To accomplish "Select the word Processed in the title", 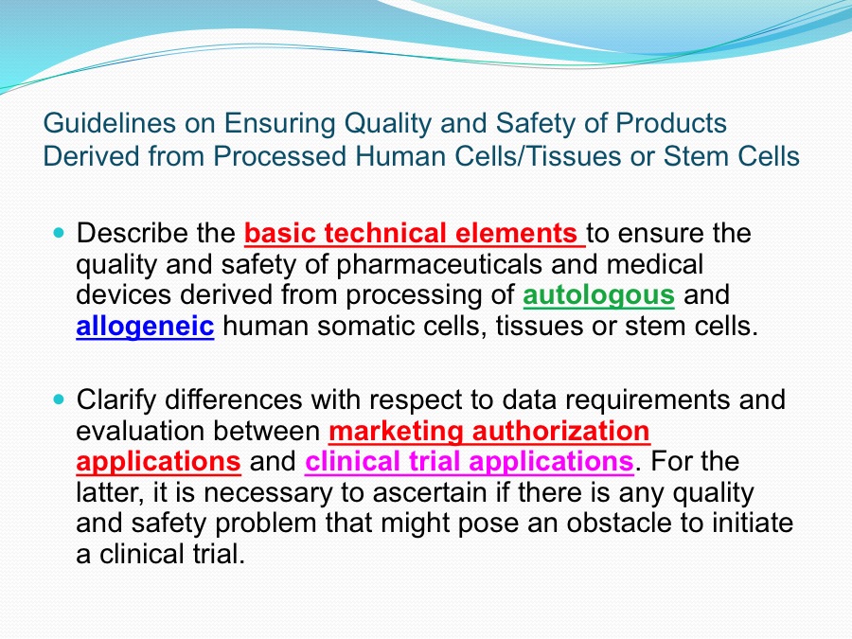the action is pyautogui.click(x=280, y=156).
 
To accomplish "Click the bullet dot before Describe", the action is pyautogui.click(x=60, y=233).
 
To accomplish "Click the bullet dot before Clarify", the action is pyautogui.click(x=60, y=399).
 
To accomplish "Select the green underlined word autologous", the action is pyautogui.click(x=599, y=296).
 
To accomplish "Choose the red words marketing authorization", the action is pyautogui.click(x=489, y=431).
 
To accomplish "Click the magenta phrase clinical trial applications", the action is pyautogui.click(x=469, y=462).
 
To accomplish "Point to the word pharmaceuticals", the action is pyautogui.click(x=439, y=266).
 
